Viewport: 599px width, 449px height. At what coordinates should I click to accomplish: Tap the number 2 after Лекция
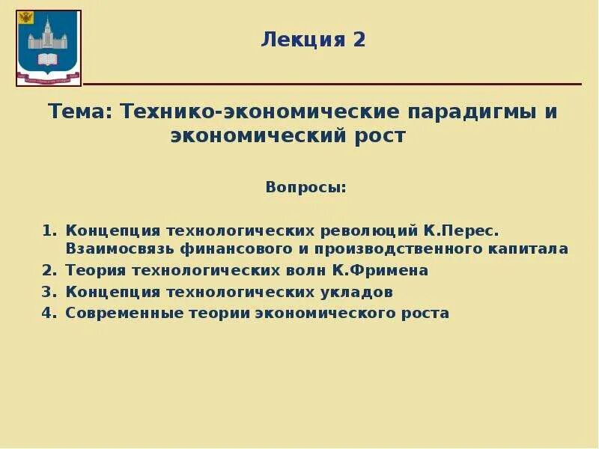[x=359, y=40]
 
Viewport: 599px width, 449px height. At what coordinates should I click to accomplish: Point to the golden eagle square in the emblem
[x=26, y=16]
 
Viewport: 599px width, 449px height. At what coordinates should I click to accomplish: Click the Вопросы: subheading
[x=306, y=186]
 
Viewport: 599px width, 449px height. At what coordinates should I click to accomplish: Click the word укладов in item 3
[x=353, y=292]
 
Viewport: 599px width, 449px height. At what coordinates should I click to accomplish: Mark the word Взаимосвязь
[x=112, y=248]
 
